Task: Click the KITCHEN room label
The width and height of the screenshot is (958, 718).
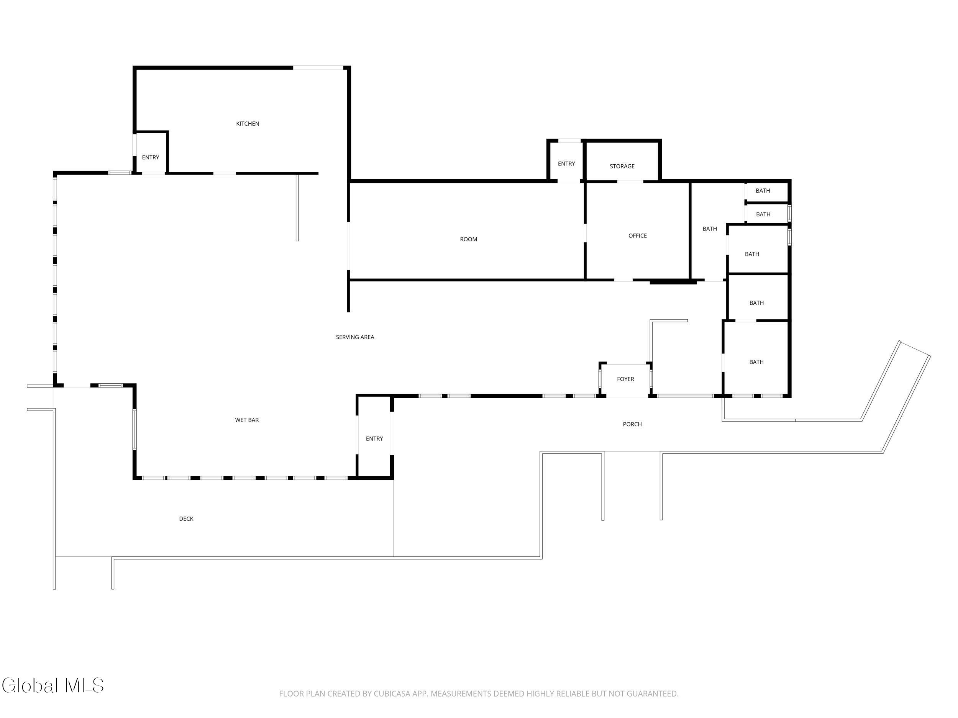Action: coord(248,124)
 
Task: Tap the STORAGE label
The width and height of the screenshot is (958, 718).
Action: coord(622,166)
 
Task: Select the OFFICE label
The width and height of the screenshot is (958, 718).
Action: coord(638,236)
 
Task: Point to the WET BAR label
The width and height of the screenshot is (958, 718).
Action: coord(247,420)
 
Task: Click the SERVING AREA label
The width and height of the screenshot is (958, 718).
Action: coord(355,337)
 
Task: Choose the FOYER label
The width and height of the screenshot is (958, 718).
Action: coord(625,379)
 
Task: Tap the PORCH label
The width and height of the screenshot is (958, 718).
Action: coord(632,424)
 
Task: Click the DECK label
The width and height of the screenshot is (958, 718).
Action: coord(186,519)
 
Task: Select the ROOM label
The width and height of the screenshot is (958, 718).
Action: coord(469,239)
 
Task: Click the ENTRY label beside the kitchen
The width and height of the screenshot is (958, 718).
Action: coord(151,157)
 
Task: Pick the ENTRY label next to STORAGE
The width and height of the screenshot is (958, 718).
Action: coord(566,164)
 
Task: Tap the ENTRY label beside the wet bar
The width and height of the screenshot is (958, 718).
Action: coord(375,439)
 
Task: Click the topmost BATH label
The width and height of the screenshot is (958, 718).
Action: coord(763,191)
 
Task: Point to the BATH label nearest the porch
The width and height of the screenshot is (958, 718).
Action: coord(756,362)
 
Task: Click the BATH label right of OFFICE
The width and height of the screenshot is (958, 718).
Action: coord(710,229)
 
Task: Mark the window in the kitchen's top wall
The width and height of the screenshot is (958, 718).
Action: coord(318,67)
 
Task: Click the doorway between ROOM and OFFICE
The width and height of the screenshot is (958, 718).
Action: coord(586,233)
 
